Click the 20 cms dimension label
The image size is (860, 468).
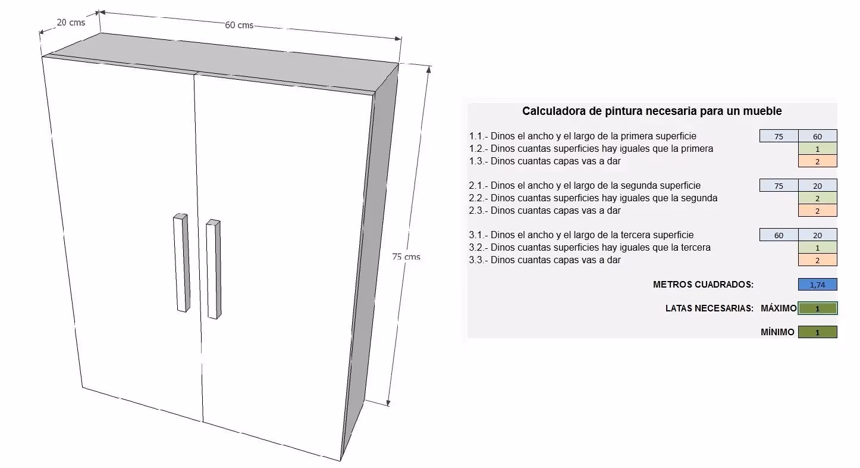pos(71,22)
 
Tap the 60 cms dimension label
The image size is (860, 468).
pos(239,25)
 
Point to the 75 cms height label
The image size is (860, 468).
pos(406,257)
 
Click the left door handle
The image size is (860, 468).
pos(181,263)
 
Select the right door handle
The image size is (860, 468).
pos(214,269)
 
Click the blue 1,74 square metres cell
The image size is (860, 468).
pos(817,285)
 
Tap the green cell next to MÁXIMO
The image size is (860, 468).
pos(817,308)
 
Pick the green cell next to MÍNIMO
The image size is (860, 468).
pos(817,332)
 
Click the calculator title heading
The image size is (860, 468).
pos(652,111)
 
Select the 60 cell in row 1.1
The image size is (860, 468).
pos(817,136)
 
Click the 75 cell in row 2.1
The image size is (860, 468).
pos(779,186)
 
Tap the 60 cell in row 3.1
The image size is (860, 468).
pos(779,235)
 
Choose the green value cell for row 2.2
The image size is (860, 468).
pos(817,198)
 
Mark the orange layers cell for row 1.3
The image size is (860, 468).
pos(817,161)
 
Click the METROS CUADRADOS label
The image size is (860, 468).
pos(703,285)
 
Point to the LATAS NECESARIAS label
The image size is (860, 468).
pos(709,308)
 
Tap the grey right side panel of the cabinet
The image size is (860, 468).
pos(371,261)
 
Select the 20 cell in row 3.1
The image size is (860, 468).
pos(817,235)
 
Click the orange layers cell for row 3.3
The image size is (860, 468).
pos(817,260)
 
